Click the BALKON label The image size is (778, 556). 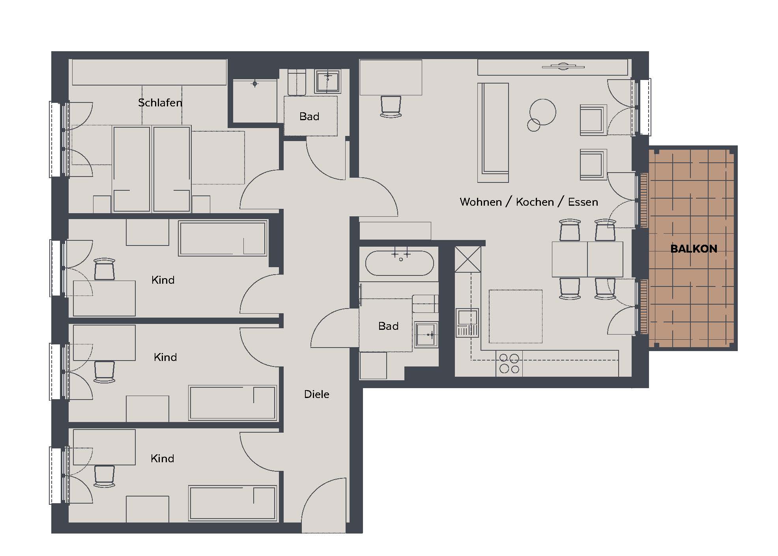tap(694, 249)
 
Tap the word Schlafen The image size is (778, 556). tap(160, 103)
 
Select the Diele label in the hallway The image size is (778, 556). tap(316, 394)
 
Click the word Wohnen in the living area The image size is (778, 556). tap(481, 202)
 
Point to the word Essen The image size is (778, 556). tap(583, 202)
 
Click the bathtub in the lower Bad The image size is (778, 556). tap(399, 263)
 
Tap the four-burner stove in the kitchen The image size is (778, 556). tap(509, 364)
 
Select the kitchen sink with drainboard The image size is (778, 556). tap(468, 323)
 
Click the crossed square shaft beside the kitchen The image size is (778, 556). tap(468, 259)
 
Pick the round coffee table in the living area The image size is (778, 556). tap(542, 112)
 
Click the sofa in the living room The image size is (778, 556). tap(493, 132)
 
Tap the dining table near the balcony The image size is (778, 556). tap(587, 259)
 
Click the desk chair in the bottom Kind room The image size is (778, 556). tap(104, 476)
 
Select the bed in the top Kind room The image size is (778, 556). tap(223, 238)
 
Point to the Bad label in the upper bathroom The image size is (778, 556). tap(309, 117)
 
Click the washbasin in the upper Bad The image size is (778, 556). tap(327, 82)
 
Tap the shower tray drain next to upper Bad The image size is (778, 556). tap(255, 84)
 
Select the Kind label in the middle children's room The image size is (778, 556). tap(165, 357)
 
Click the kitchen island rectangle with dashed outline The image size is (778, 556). tap(516, 316)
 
